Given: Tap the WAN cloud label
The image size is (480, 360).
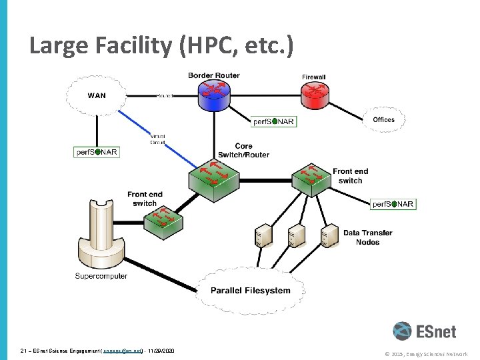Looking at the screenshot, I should pos(97,95).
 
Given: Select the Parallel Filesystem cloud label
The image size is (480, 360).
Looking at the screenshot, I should pos(251,290).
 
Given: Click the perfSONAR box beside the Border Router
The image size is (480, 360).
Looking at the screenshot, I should pos(274,122).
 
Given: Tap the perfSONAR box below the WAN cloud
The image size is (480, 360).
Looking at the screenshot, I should pos(97,152).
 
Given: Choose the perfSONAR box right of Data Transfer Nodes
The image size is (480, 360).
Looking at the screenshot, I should pos(393,204).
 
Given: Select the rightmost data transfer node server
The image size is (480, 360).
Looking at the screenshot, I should pos(327,237).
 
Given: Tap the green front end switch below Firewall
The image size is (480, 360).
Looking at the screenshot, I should pos(311,178).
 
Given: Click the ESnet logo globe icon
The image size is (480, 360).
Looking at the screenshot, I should pos(403,331).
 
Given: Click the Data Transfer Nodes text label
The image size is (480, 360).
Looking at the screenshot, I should pos(367,237).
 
